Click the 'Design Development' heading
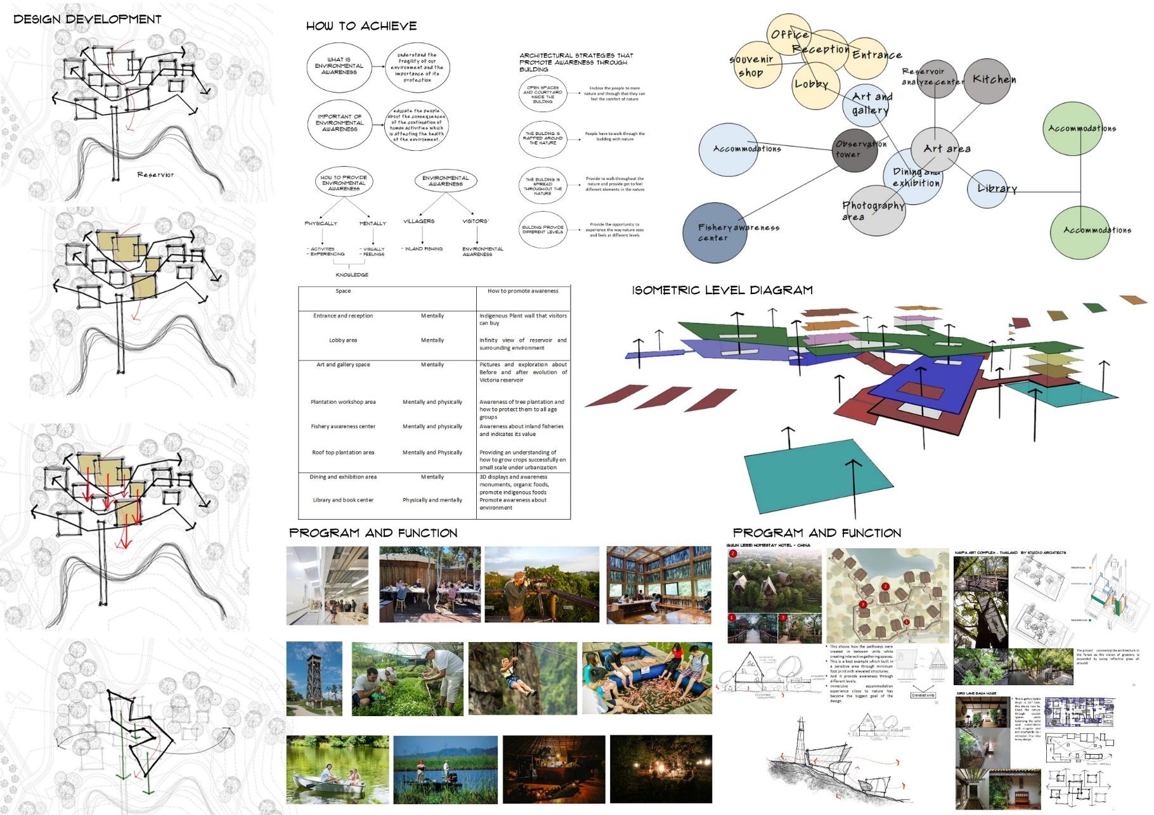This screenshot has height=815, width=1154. click(x=88, y=19)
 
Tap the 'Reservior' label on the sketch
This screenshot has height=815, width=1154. click(x=155, y=174)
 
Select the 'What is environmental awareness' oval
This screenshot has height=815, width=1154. click(x=339, y=66)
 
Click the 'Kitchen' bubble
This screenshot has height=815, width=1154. click(x=992, y=80)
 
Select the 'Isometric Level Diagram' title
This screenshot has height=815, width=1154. click(x=722, y=290)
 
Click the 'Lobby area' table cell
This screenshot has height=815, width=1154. click(x=343, y=340)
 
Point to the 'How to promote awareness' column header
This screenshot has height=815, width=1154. click(x=522, y=291)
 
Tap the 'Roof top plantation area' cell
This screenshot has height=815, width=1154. click(x=343, y=452)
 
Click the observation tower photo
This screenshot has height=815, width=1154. click(x=314, y=679)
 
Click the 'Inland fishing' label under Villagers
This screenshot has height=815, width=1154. click(x=423, y=249)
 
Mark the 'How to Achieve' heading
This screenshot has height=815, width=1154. click(x=361, y=26)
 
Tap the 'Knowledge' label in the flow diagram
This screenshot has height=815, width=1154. click(x=352, y=275)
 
